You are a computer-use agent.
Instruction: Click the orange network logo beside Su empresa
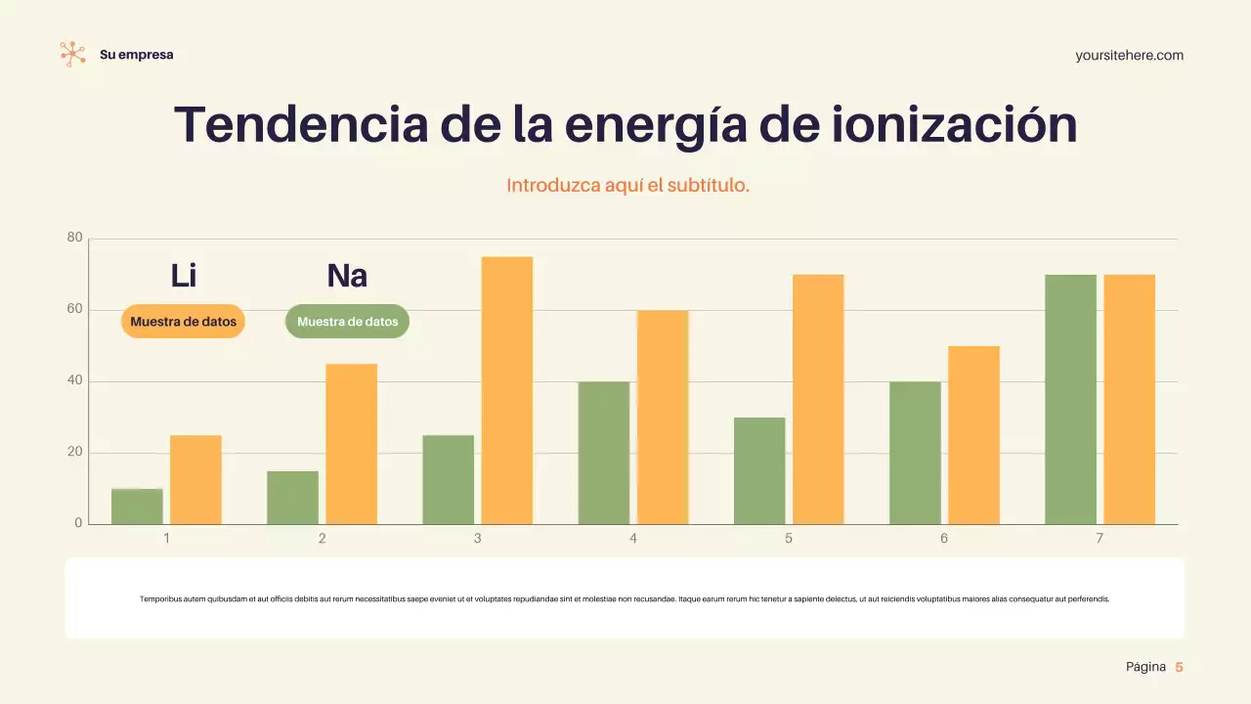pos(72,54)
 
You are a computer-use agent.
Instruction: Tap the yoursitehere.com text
pos(1129,56)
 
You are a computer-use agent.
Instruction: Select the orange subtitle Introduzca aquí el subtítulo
pos(627,185)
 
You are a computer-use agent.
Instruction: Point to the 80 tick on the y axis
pos(75,238)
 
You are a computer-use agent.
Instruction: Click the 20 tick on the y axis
pos(75,452)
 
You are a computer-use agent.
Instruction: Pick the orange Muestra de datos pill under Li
pos(183,322)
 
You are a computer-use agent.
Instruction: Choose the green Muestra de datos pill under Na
pos(347,322)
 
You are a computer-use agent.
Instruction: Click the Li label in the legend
pos(184,276)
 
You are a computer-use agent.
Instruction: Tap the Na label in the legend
pos(347,276)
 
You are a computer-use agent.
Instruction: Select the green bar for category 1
pos(137,506)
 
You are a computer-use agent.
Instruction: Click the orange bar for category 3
pos(506,391)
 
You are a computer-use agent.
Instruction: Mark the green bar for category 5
pos(759,471)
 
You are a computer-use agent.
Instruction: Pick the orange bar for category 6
pos(973,435)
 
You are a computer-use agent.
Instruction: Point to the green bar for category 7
pos(1070,400)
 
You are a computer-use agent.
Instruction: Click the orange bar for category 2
pos(351,444)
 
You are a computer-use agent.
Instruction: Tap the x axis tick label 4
pos(633,539)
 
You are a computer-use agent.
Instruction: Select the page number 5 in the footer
pos(1179,667)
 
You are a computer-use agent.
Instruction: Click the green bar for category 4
pos(604,453)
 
